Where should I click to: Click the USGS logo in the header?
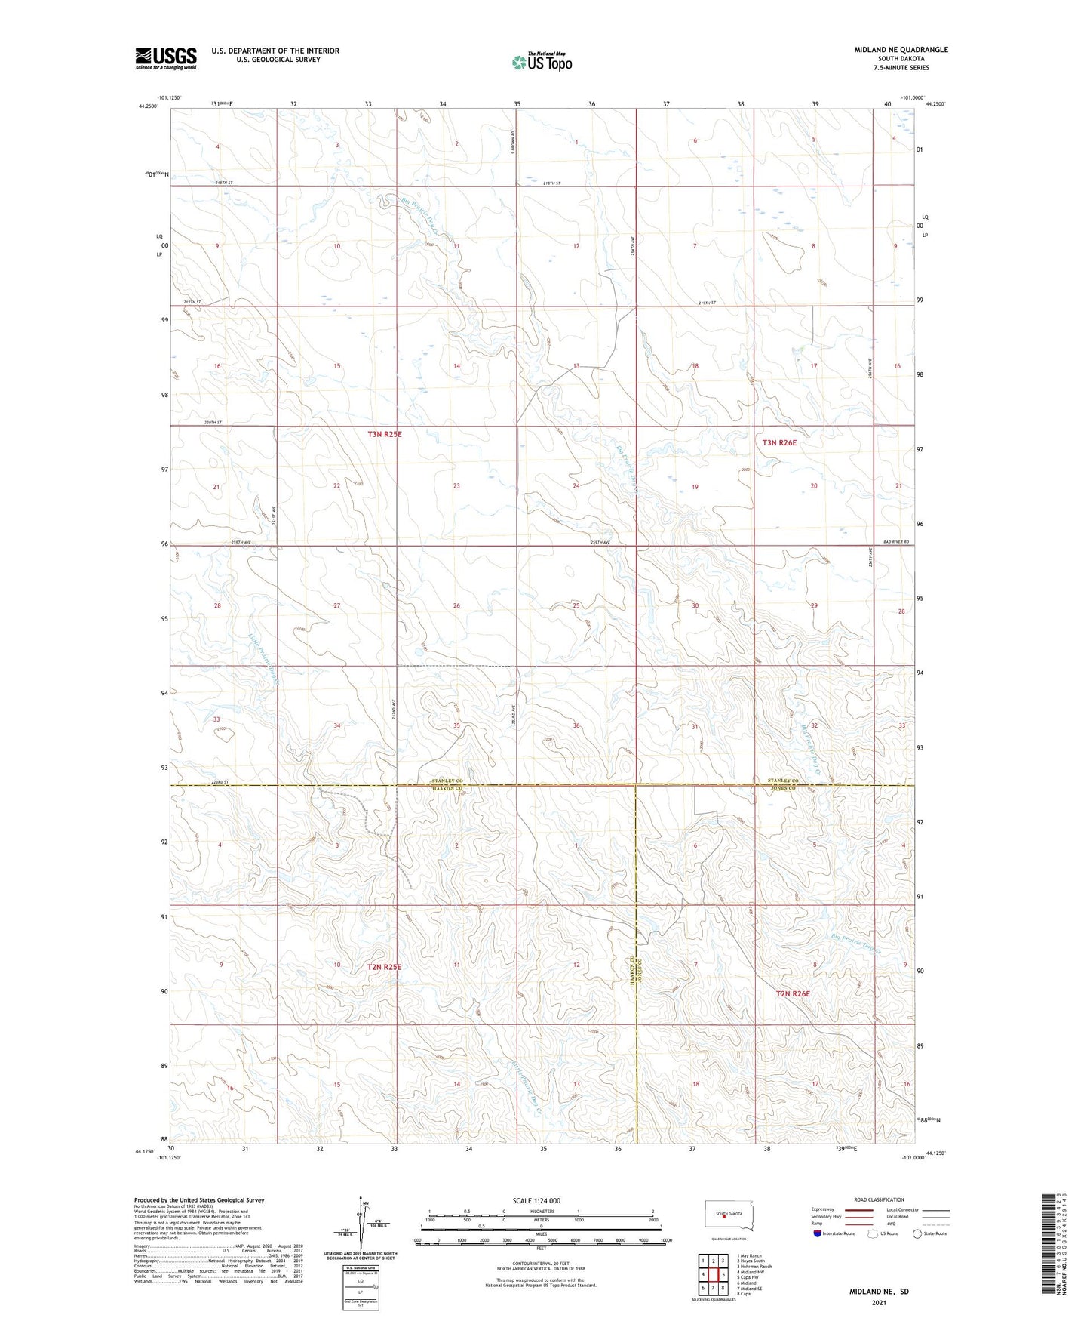click(x=165, y=58)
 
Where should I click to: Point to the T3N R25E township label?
click(x=384, y=435)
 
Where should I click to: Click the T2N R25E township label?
click(x=384, y=966)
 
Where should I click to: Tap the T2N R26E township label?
click(x=793, y=994)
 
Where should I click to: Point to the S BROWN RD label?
click(x=513, y=144)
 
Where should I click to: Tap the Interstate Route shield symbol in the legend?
click(x=818, y=1233)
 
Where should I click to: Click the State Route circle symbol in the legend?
click(x=917, y=1233)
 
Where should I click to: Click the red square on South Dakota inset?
click(x=723, y=1215)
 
